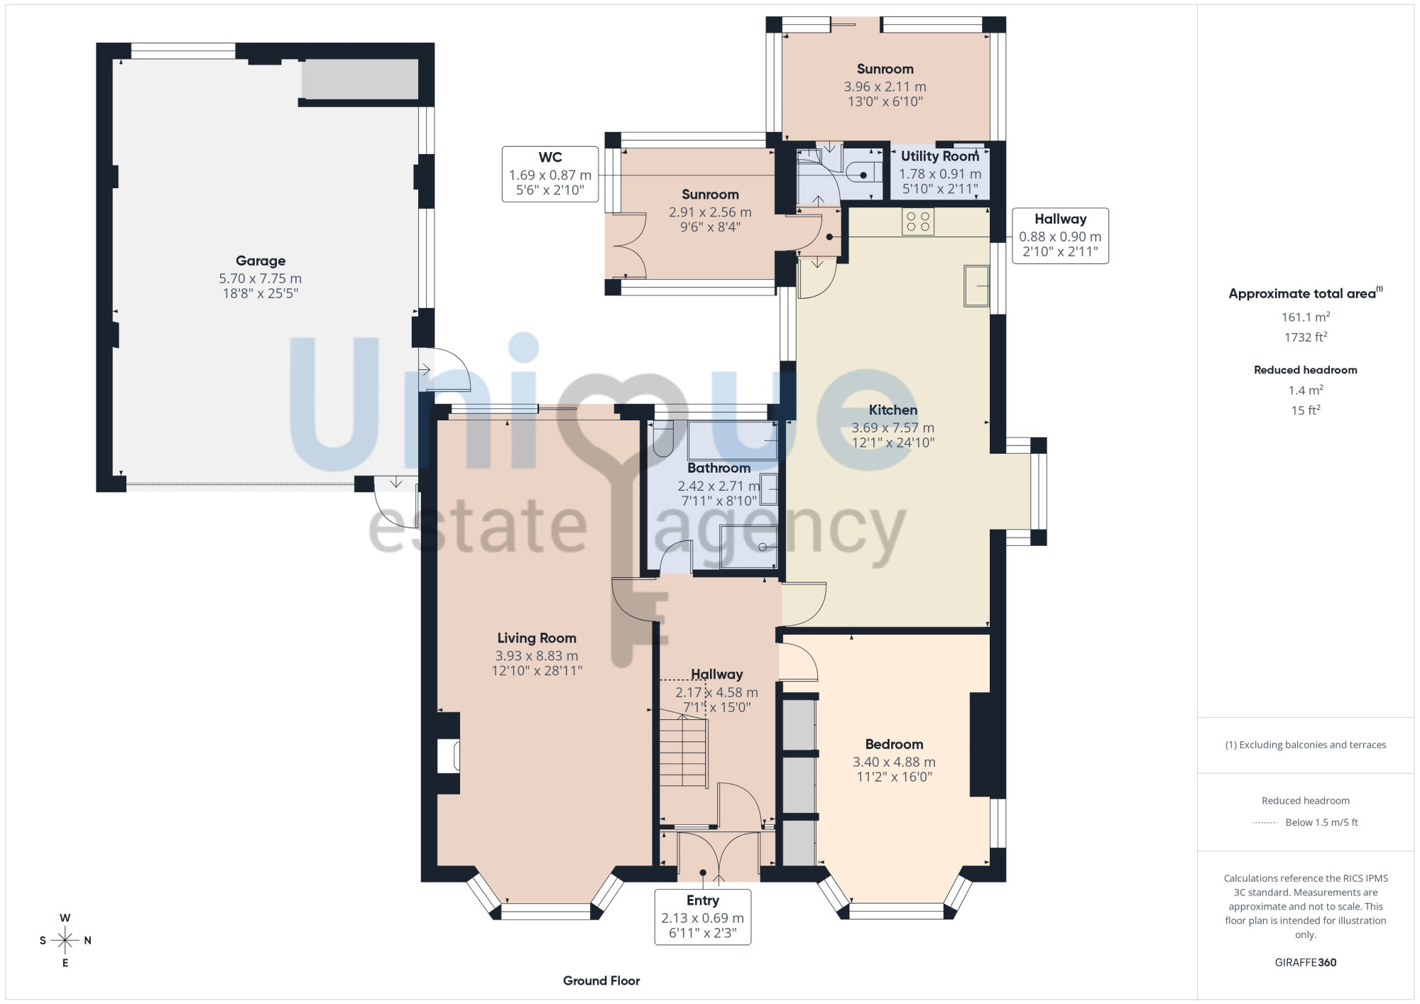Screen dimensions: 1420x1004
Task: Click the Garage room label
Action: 261,261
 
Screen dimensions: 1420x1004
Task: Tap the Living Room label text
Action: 537,638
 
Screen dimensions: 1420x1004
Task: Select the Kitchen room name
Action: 893,410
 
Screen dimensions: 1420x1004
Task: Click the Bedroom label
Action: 894,744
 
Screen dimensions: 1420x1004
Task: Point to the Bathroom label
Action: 719,468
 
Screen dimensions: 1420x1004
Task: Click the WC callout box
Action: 550,174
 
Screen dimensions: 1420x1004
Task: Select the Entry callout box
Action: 703,917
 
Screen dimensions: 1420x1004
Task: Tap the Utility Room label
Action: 940,156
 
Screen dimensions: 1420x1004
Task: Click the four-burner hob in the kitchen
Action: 918,222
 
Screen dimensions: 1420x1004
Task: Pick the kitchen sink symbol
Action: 976,285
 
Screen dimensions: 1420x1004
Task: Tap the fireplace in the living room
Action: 449,754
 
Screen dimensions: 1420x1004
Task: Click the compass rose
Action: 65,941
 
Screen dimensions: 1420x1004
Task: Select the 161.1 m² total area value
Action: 1306,317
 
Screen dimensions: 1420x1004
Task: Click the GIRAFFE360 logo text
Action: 1306,963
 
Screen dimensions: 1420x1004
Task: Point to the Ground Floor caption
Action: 601,981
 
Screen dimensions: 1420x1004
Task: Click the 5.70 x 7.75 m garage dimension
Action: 261,278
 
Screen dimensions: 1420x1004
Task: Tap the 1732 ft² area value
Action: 1306,337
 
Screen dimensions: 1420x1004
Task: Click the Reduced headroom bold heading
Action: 1306,370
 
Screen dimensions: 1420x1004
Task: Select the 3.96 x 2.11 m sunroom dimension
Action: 885,87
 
